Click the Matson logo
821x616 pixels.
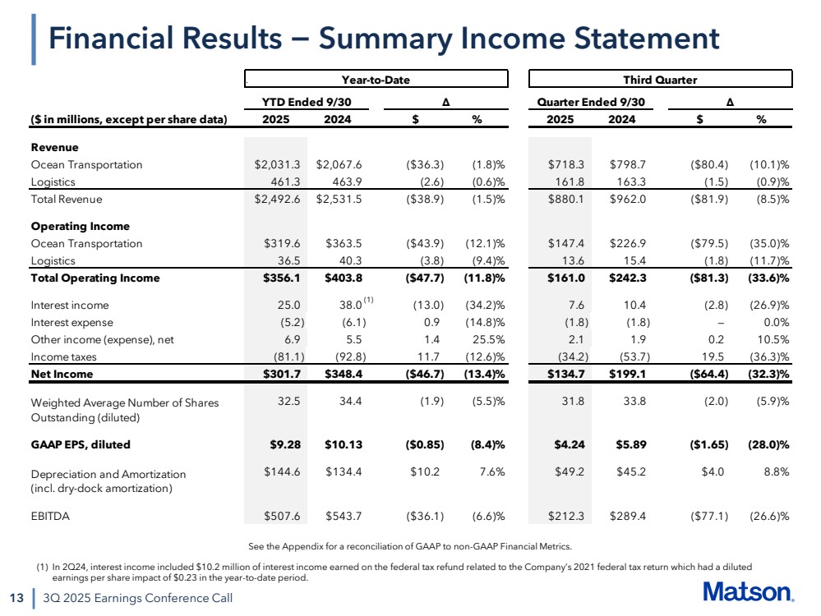coord(748,593)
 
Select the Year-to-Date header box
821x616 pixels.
coord(376,80)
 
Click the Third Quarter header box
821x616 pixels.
coord(660,80)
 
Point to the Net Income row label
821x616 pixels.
coord(62,375)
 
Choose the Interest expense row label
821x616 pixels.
coord(71,322)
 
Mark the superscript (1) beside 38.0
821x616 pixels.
coord(368,300)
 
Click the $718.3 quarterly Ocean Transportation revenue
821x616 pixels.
coord(568,164)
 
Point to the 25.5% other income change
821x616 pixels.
coord(487,339)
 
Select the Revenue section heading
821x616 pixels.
coord(54,147)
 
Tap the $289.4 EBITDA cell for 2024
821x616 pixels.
coord(627,516)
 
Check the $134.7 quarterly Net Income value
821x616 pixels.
coord(566,375)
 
